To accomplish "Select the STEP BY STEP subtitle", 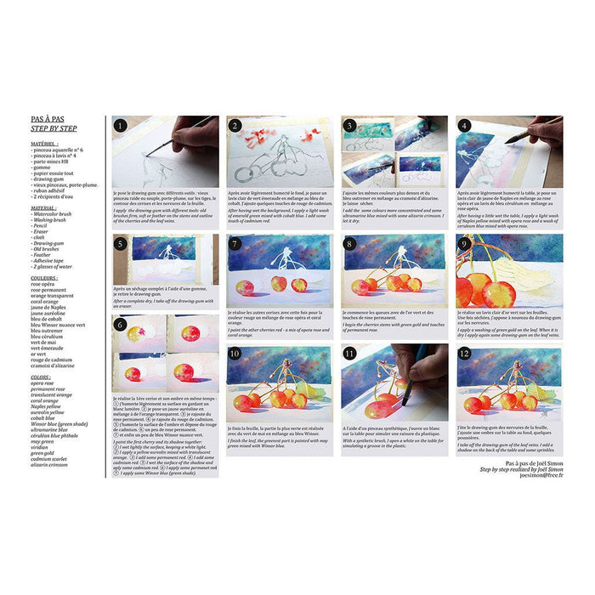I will (x=54, y=130).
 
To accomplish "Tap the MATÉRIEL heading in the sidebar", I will (x=48, y=144).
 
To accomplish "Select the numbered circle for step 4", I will (x=464, y=125).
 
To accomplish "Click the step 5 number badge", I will (x=122, y=243).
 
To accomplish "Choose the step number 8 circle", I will (x=350, y=243).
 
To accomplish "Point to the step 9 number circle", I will (x=464, y=243).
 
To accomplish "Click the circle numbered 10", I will (x=235, y=353).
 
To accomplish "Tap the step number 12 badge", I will (x=464, y=353).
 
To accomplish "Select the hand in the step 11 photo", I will (x=425, y=365).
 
